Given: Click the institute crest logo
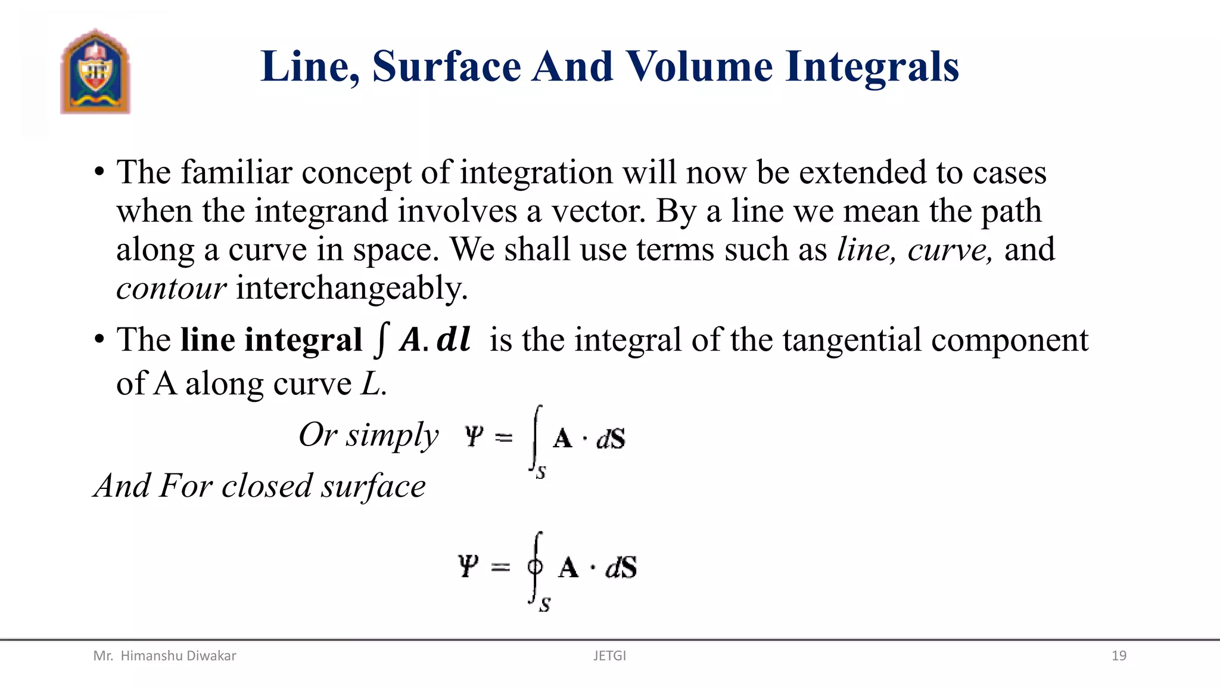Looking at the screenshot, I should (95, 72).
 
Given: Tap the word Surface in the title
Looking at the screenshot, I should (447, 66).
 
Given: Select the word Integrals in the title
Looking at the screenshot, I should (872, 67).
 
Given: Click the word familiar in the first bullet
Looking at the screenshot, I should (236, 172).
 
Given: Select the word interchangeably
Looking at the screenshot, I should (351, 289).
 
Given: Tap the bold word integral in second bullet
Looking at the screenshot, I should (303, 341).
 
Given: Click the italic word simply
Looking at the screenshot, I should (393, 435).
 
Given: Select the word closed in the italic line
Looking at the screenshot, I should (267, 486).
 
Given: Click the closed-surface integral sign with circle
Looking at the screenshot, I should (536, 567).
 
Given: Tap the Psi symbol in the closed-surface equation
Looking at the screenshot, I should (468, 566).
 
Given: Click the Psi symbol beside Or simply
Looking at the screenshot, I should (474, 437).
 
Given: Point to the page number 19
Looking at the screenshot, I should (1119, 656).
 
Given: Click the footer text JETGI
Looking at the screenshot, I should (609, 656).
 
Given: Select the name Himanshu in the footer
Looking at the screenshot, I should (151, 656).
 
